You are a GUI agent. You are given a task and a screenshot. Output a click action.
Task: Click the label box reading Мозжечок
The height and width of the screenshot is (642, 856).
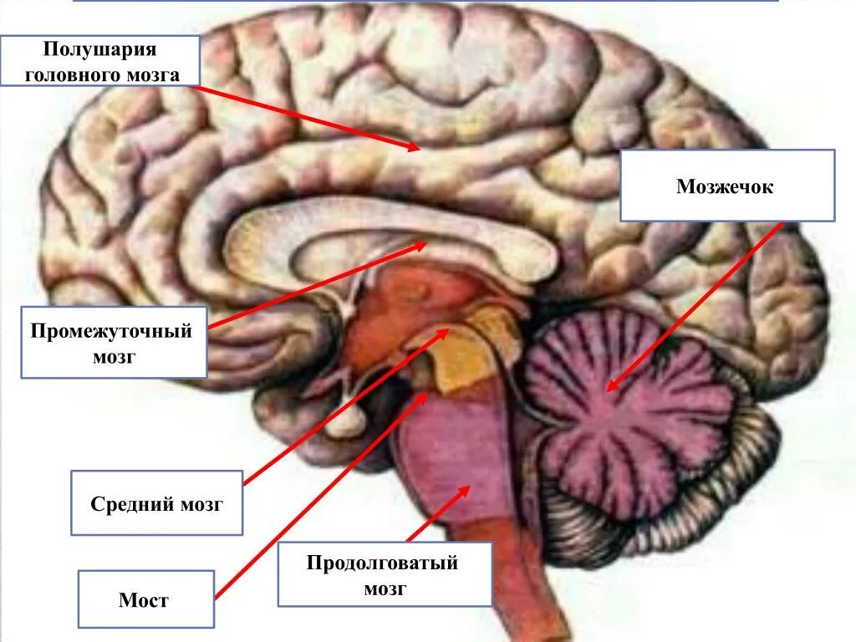pos(726,186)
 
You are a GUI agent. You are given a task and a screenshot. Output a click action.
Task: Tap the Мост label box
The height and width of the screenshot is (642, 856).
pos(145,599)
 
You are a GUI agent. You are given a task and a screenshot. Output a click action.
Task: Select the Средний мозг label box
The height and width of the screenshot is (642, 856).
pos(156,503)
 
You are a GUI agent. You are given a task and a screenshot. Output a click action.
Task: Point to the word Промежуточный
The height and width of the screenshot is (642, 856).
pos(112,331)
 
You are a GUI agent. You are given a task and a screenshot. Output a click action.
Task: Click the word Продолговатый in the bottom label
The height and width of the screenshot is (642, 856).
pos(384,563)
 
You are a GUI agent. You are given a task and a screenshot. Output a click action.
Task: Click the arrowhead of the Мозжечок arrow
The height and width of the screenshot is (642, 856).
pos(609,388)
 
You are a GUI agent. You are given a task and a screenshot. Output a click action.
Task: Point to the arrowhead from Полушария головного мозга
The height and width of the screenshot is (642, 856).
pos(417,149)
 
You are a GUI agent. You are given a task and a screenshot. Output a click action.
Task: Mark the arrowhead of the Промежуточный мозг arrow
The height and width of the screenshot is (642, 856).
pos(424,244)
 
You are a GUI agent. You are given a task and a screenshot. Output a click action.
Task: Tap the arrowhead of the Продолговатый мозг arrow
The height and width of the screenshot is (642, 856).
pos(469,487)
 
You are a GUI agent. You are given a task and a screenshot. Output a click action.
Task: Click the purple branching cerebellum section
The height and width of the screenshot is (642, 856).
pos(635,410)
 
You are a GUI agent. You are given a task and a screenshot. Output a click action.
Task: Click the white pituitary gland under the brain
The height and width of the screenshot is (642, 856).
pos(343,422)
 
